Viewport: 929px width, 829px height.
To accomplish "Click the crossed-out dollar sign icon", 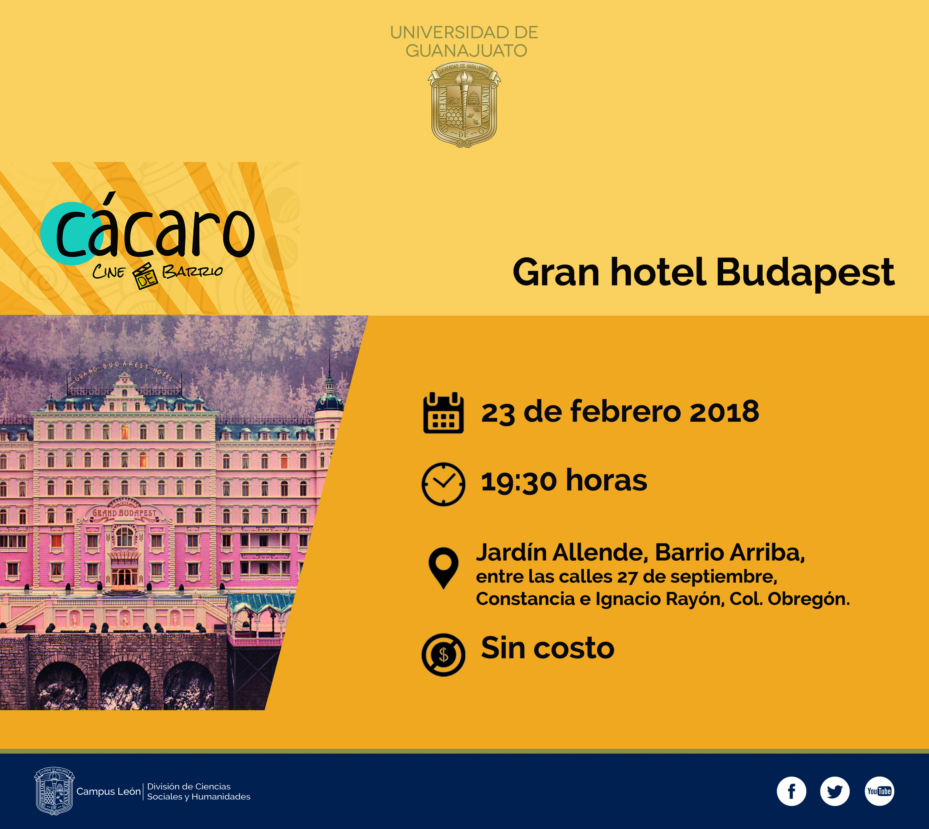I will pyautogui.click(x=443, y=655).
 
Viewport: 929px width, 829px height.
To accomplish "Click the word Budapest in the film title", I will pyautogui.click(x=804, y=273).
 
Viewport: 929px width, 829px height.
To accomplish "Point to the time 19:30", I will pyautogui.click(x=519, y=481).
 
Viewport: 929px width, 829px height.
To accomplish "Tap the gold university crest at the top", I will pyautogui.click(x=464, y=105).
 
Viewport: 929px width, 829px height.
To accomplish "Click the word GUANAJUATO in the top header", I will pyautogui.click(x=466, y=51).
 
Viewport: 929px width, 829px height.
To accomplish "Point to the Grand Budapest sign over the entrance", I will pyautogui.click(x=124, y=513).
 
